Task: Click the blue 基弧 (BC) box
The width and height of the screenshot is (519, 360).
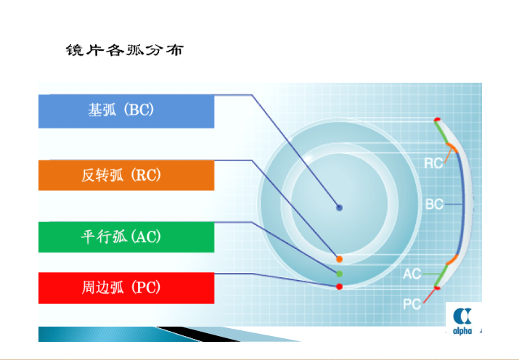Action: click(126, 111)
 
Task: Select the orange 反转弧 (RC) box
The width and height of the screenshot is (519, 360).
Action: click(126, 176)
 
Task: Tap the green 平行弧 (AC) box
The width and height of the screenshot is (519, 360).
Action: click(126, 237)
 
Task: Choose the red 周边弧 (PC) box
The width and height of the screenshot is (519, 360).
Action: click(126, 288)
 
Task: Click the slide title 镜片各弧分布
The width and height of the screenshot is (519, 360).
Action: click(124, 50)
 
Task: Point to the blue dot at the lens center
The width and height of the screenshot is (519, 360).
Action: click(339, 208)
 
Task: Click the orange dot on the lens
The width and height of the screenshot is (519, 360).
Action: click(339, 259)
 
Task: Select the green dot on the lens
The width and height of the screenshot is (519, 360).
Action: click(339, 274)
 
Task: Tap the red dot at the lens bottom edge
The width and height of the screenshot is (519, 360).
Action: click(339, 287)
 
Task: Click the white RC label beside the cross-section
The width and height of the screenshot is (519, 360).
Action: click(433, 163)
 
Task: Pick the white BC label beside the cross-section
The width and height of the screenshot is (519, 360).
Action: click(434, 204)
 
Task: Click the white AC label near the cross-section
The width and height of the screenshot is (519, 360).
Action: click(412, 274)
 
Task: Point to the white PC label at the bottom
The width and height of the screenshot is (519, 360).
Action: click(412, 304)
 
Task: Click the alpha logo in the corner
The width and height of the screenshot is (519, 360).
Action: click(462, 319)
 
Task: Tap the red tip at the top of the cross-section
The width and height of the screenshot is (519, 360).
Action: click(437, 120)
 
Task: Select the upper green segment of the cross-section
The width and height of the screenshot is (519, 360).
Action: click(441, 132)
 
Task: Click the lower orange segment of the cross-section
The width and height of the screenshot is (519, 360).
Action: click(452, 260)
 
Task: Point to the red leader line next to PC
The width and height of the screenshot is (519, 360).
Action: click(430, 295)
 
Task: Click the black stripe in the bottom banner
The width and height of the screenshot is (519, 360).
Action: click(199, 334)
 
